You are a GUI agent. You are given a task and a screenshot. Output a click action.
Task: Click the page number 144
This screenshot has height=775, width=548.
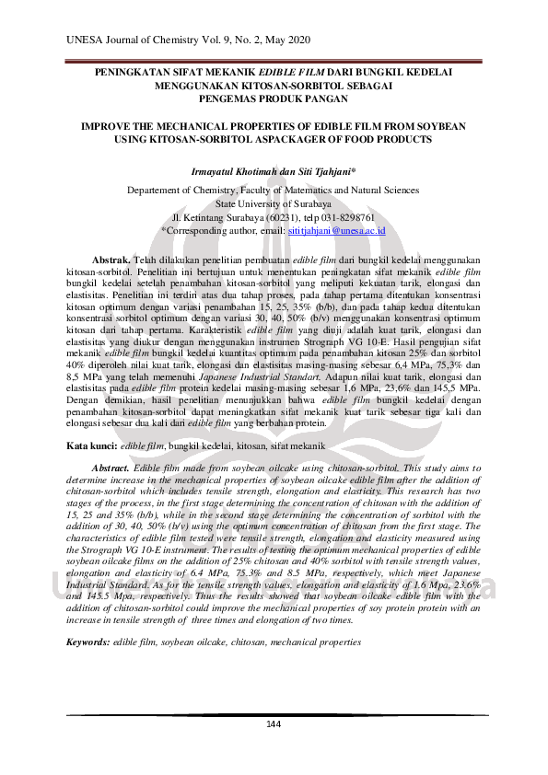273,724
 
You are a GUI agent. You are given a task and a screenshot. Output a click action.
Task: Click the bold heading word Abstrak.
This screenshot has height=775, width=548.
111,260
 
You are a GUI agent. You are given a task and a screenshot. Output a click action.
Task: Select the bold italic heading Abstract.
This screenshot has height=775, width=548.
112,468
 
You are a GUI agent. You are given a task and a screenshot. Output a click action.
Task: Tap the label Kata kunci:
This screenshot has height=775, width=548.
91,445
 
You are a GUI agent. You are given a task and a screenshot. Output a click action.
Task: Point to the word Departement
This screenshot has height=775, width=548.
158,191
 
